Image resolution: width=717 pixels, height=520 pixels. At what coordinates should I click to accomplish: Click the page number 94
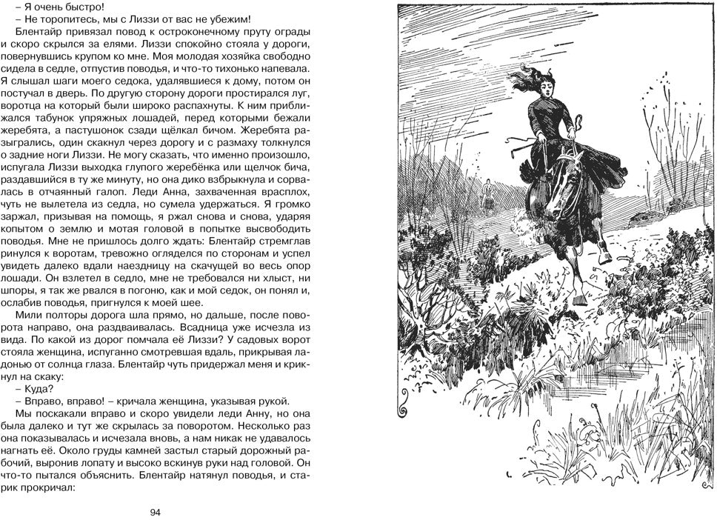point(155,512)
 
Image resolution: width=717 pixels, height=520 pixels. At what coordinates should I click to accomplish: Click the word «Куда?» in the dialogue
point(39,388)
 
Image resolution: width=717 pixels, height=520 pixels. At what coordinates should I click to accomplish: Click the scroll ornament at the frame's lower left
point(404,406)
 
